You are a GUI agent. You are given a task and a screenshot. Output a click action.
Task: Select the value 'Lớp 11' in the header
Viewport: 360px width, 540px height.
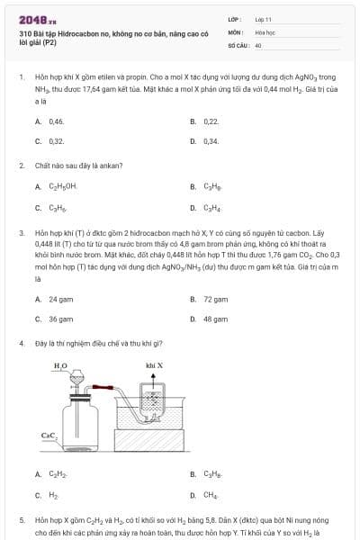pyautogui.click(x=264, y=19)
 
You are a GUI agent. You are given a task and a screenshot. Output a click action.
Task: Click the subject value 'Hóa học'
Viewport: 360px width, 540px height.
pyautogui.click(x=265, y=31)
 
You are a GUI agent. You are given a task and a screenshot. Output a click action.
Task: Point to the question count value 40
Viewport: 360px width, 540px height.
pyautogui.click(x=258, y=44)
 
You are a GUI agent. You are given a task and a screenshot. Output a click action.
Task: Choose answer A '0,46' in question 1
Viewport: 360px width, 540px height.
pyautogui.click(x=56, y=121)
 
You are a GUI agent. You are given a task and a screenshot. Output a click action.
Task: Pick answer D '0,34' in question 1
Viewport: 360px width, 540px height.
pyautogui.click(x=211, y=141)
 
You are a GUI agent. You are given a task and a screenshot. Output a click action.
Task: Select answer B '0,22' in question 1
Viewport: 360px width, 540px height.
pyautogui.click(x=211, y=121)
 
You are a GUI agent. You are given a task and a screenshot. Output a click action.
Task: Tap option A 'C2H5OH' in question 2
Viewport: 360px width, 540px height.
pyautogui.click(x=62, y=186)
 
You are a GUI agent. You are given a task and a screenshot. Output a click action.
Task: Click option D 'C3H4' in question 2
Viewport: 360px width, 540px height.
pyautogui.click(x=212, y=208)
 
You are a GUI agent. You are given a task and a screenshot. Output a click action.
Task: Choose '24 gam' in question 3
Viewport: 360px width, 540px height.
pyautogui.click(x=60, y=298)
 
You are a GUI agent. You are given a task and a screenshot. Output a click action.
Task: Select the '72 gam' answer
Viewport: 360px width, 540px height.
pyautogui.click(x=214, y=298)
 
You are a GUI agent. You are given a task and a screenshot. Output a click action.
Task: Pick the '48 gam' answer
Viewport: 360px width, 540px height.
pyautogui.click(x=214, y=319)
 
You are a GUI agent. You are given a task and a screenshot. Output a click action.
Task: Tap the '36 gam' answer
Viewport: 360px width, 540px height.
pyautogui.click(x=60, y=319)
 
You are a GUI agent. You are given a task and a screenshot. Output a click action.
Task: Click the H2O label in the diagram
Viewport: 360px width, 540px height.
pyautogui.click(x=60, y=365)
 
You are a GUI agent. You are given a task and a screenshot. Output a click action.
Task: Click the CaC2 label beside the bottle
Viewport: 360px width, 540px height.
pyautogui.click(x=49, y=436)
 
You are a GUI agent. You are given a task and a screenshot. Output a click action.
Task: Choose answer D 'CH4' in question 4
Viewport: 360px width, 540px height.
pyautogui.click(x=211, y=494)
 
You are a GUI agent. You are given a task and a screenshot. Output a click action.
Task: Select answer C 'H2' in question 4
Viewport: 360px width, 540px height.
pyautogui.click(x=53, y=494)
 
